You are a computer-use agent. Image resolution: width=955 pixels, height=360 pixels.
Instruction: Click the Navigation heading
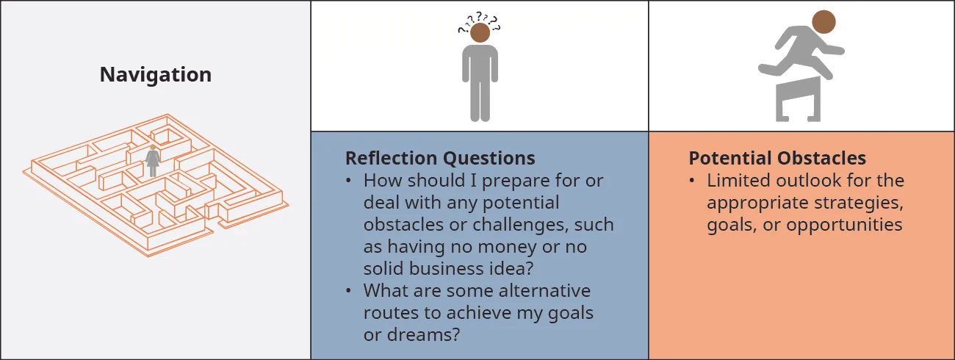156,74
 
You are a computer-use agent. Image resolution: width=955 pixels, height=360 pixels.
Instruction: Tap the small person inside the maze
153,161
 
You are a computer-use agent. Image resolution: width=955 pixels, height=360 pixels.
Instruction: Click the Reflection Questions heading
440,158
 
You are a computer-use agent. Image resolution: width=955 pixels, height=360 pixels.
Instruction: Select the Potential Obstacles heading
777,158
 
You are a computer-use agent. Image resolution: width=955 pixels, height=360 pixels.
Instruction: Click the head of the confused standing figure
480,33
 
